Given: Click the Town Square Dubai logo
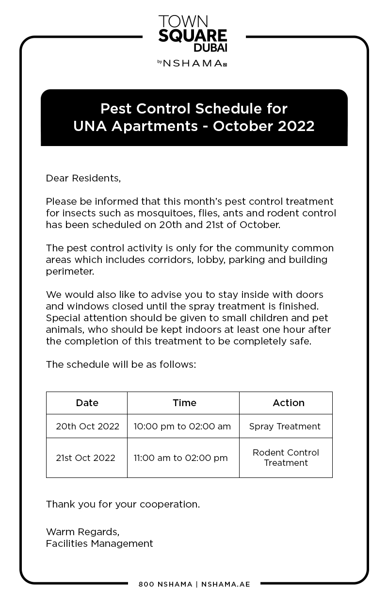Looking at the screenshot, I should point(193,33).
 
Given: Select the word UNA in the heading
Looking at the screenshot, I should point(90,126).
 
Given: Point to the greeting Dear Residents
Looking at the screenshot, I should point(83,178).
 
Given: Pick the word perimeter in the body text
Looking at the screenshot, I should point(69,271).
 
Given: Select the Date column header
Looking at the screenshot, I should point(87,403).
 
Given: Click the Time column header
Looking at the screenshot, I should point(184,403).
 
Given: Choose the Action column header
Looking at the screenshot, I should point(289,403).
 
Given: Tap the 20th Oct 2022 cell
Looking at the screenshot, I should point(87,427).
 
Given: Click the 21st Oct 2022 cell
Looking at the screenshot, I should point(85,458).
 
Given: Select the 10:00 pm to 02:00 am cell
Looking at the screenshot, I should point(182,427).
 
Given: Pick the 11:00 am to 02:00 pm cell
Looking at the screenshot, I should point(180,458).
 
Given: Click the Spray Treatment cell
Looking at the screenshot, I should point(285,427).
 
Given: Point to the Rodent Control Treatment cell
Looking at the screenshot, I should point(286,458).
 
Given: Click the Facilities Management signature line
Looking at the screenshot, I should point(99,543).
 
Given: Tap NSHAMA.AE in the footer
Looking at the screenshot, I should point(226,584).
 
